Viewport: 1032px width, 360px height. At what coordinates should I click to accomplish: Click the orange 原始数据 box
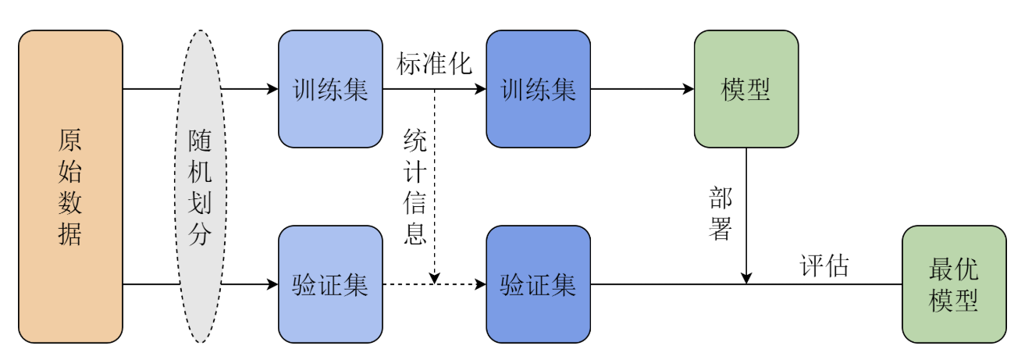(x=70, y=186)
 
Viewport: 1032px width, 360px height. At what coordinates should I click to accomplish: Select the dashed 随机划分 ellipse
(x=201, y=186)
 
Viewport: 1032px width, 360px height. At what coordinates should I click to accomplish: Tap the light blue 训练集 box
(x=330, y=89)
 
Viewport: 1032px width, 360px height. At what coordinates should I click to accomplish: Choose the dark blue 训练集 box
(x=538, y=89)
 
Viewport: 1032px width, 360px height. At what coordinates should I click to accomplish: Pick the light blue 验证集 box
(x=330, y=284)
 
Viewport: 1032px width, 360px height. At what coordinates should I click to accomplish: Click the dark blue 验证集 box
(x=538, y=284)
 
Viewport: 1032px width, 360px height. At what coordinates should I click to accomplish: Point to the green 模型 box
(x=746, y=89)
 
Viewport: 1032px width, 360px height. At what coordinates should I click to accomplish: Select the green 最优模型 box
(x=954, y=284)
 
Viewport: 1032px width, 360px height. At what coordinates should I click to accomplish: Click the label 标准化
(x=434, y=64)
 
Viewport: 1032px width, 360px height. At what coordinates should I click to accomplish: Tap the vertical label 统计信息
(x=415, y=187)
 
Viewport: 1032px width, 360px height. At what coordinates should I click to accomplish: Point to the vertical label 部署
(x=721, y=213)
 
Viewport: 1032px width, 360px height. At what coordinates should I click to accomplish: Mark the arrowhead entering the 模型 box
(x=689, y=89)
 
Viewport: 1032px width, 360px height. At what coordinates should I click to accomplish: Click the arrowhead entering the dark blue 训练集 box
(x=481, y=89)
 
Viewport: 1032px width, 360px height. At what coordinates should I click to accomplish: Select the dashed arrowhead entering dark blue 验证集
(x=481, y=284)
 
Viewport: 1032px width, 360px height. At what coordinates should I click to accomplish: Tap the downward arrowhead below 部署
(x=746, y=277)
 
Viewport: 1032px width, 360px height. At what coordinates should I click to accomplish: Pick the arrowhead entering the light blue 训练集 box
(x=273, y=89)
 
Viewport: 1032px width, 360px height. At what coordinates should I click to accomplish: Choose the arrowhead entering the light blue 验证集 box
(x=273, y=284)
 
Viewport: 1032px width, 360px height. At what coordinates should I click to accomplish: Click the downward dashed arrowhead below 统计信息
(x=435, y=277)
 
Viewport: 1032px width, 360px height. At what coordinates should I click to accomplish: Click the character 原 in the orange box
(x=70, y=141)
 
